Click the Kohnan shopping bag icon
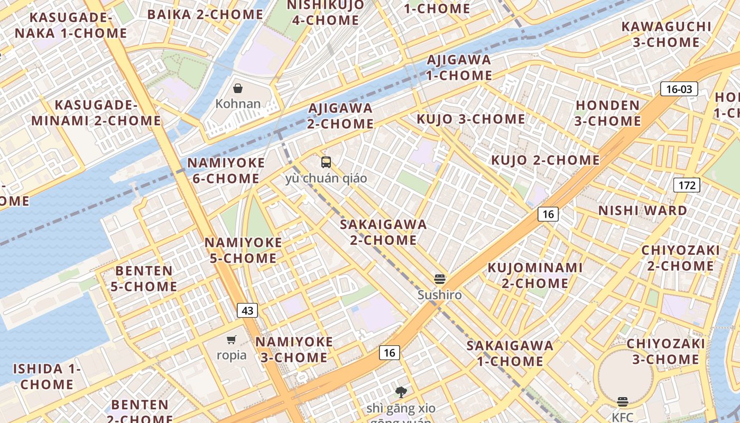point(238,88)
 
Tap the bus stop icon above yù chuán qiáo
point(326,162)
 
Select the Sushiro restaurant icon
point(440,279)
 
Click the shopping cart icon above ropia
point(231,339)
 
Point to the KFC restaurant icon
point(623,402)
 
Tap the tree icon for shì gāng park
point(401,392)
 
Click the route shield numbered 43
point(247,310)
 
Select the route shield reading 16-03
point(679,89)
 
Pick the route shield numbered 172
point(687,185)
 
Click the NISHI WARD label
point(642,210)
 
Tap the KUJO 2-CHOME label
point(545,160)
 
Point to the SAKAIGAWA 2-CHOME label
point(383,232)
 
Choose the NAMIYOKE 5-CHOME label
point(243,251)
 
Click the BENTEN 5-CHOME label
point(144,279)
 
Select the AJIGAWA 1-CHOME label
point(459,68)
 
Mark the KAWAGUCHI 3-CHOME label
point(666,34)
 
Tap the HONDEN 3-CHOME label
point(608,113)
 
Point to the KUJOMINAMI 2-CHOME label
point(535,275)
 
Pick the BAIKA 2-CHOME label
point(206,14)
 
